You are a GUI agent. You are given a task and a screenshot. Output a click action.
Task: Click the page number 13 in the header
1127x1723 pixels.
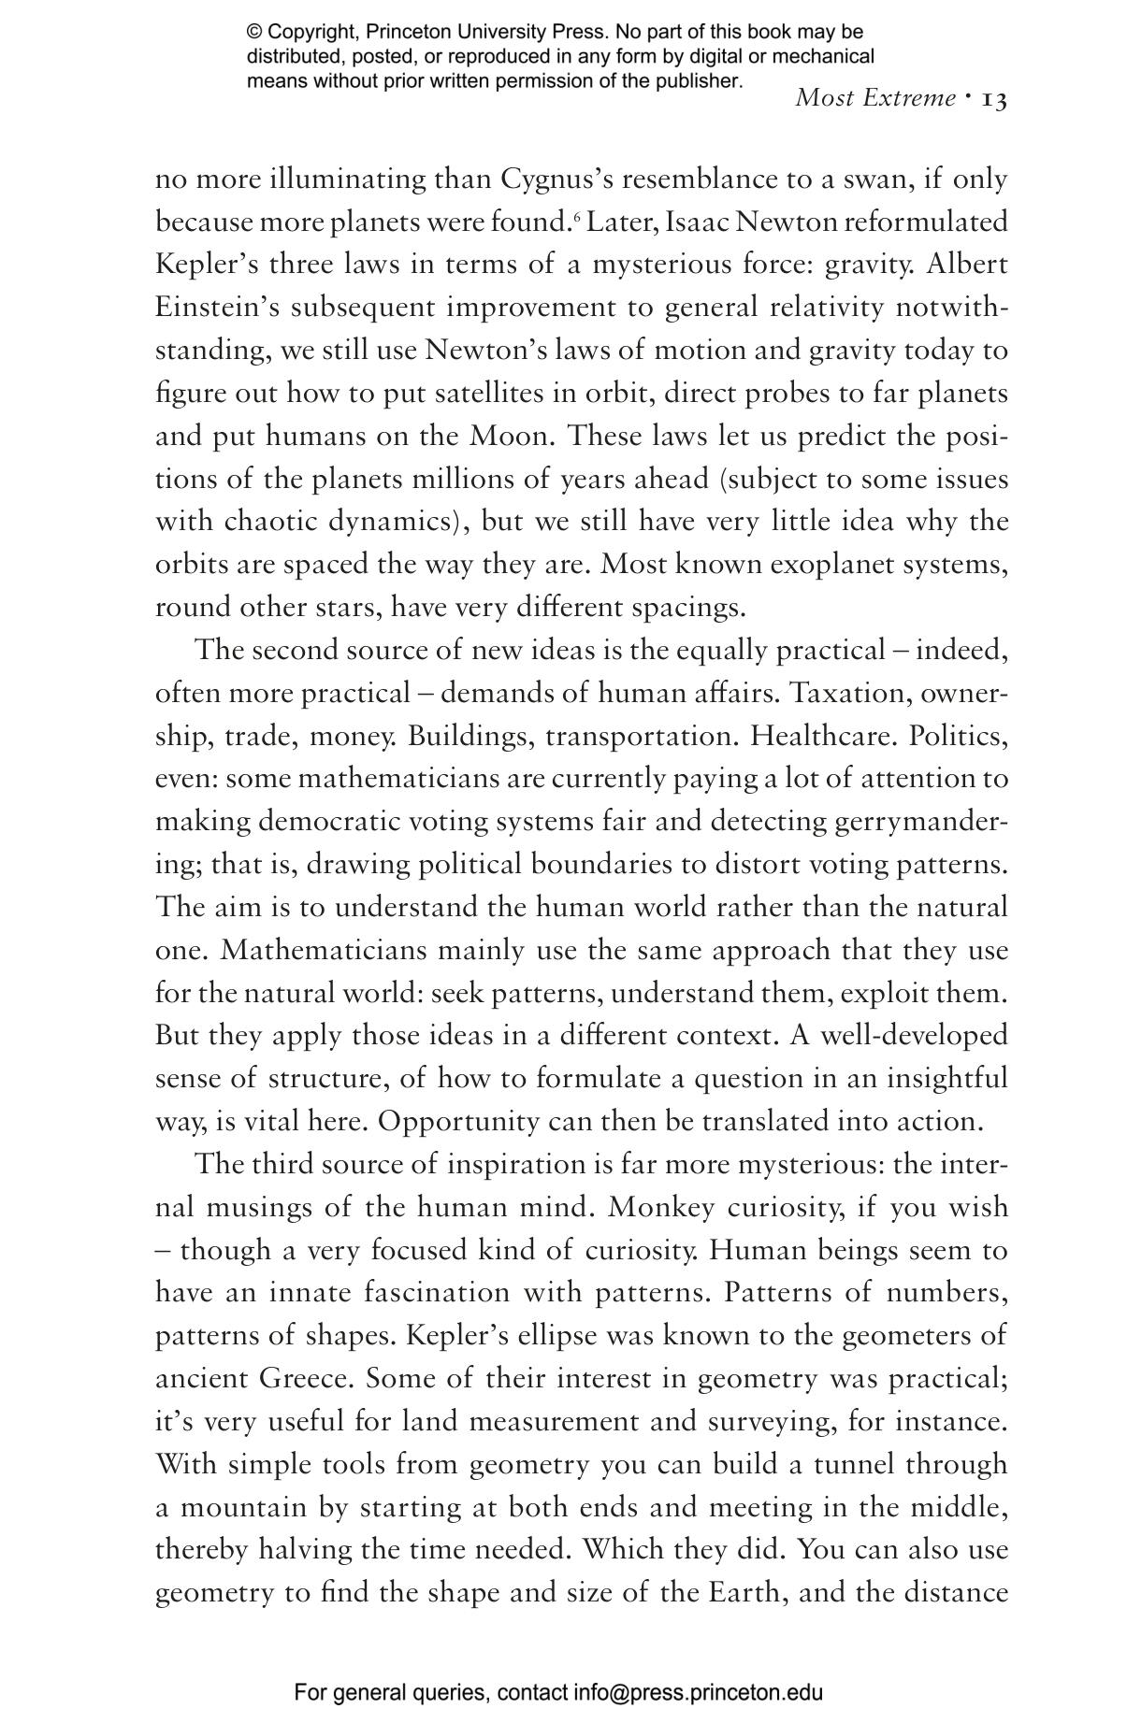coord(994,99)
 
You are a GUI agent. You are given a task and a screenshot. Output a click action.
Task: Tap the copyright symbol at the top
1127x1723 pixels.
coord(253,33)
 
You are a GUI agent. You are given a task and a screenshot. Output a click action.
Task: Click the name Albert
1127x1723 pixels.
coord(967,265)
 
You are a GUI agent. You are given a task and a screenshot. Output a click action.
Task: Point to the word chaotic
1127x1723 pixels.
coord(271,522)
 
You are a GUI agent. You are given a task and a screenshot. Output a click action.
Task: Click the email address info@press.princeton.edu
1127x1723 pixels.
coord(698,1692)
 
